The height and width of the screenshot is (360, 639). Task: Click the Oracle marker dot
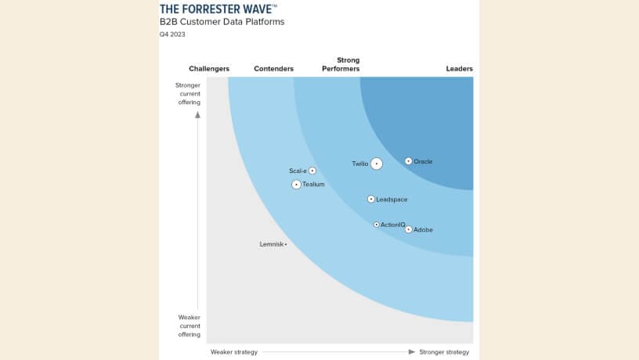point(408,161)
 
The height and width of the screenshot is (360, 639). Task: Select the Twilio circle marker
point(377,164)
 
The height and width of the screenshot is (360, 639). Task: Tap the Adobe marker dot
point(408,229)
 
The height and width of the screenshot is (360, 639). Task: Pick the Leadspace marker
point(371,199)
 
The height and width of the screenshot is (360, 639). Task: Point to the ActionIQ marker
point(376,225)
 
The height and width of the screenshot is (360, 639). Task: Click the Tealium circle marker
point(296,185)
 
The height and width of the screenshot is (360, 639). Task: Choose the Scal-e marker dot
point(312,171)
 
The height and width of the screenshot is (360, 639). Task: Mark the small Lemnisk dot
point(286,244)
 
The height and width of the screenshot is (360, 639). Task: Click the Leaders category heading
point(459,69)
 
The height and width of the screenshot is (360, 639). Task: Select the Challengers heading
point(209,69)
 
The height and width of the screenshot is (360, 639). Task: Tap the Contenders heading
point(273,69)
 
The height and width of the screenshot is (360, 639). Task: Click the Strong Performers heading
point(341,64)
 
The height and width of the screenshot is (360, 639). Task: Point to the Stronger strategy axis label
point(444,352)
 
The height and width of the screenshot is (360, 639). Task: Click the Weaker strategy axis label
point(234,352)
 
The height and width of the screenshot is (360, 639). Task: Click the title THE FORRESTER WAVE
point(216,9)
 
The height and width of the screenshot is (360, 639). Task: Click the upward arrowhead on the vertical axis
point(197,114)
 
